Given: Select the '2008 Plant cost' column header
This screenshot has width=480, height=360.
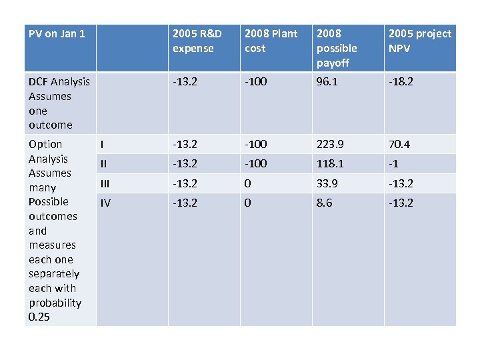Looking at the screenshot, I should pos(271,41).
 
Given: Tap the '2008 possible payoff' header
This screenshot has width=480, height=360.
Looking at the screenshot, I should pos(337,48).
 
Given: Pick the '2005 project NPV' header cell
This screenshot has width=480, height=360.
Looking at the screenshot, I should pos(419,41).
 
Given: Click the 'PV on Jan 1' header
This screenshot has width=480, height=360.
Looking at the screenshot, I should pos(57,33).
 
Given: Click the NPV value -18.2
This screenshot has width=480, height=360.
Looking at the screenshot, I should pos(401,82).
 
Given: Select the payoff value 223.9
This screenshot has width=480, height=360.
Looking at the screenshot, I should pos(331,144).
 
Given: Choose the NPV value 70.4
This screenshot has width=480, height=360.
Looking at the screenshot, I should pos(399,144).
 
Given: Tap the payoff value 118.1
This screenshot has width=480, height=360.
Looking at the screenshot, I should pos(330,163).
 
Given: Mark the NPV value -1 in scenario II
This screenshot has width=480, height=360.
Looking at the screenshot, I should pos(393,163).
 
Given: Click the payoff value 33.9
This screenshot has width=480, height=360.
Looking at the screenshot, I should pos(327,183).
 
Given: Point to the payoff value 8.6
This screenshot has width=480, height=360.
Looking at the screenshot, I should pos(325,203).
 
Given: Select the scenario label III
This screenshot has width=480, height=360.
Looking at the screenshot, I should pos(105,183).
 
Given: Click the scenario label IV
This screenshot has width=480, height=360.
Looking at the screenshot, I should pos(105,203).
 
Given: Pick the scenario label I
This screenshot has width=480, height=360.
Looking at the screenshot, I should pos(101,144).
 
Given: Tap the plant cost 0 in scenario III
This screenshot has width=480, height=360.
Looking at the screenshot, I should pos(248,183).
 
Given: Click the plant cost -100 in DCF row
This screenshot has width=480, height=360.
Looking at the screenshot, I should pos(257,82).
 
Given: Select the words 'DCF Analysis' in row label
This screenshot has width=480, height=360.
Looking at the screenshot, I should pos(59,82).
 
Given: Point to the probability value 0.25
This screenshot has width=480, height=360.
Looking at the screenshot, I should pos(39,317).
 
